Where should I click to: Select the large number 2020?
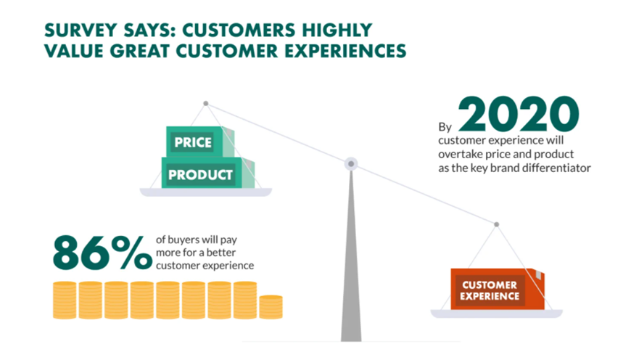click(519, 114)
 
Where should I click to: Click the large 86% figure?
click(102, 253)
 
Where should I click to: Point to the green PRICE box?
click(200, 142)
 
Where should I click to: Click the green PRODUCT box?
click(207, 173)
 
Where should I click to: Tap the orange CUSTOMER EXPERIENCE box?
click(498, 289)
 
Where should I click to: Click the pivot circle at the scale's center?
click(351, 164)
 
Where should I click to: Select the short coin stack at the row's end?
click(271, 307)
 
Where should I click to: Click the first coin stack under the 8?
click(65, 300)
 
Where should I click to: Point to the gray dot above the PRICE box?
click(206, 104)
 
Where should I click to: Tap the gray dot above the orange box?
click(497, 224)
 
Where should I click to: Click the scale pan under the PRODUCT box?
click(206, 192)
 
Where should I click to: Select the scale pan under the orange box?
click(497, 314)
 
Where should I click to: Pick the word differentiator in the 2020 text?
click(555, 168)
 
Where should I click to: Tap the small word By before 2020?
click(445, 127)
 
